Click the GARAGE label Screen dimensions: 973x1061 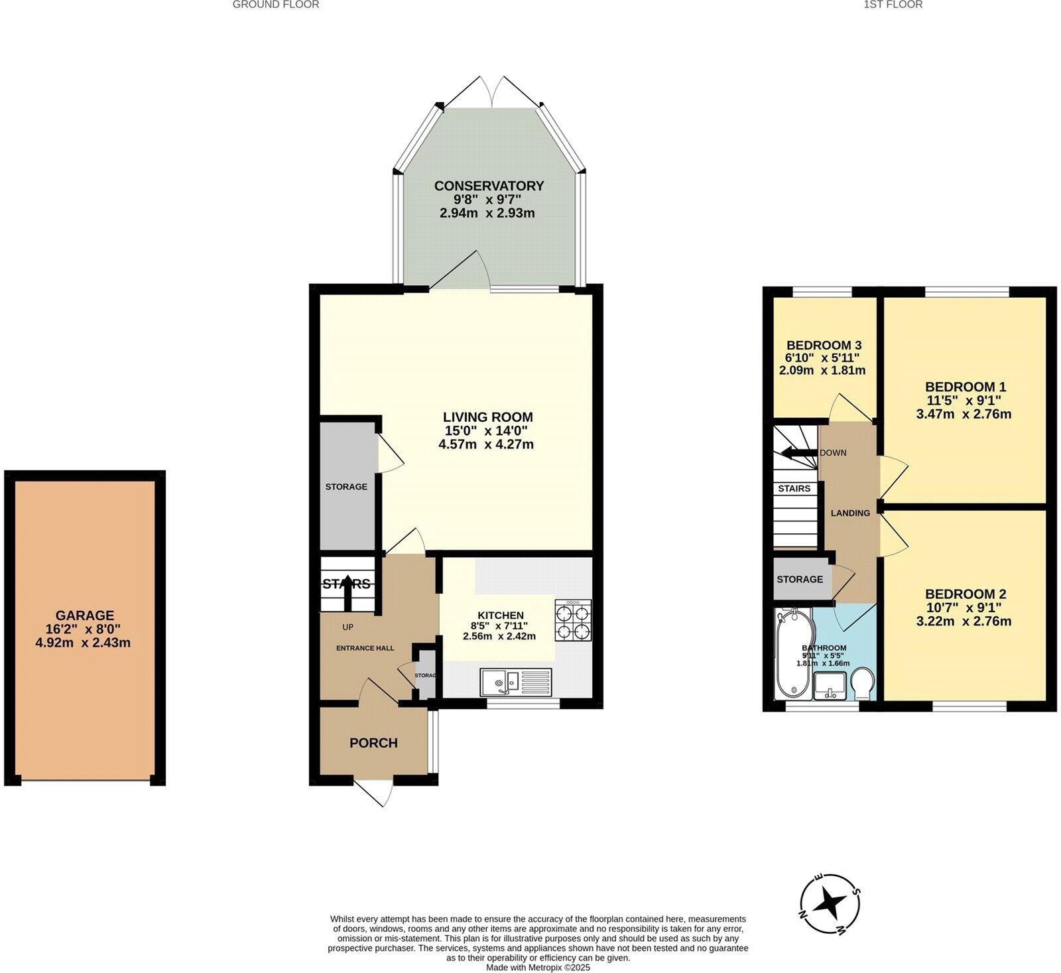tap(84, 616)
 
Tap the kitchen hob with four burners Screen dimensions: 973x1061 tap(573, 620)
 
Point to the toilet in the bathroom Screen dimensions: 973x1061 tap(863, 683)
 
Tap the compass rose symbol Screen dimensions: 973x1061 tap(830, 903)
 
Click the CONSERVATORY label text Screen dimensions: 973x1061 tap(489, 186)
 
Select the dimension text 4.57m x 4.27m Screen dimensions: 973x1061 tap(486, 445)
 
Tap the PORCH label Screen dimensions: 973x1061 tap(373, 744)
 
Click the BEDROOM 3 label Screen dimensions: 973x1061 tap(824, 345)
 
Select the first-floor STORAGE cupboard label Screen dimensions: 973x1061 tap(800, 579)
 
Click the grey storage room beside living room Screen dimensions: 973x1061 tap(346, 486)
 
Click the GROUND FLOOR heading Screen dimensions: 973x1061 tap(276, 5)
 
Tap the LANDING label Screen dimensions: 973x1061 tap(850, 513)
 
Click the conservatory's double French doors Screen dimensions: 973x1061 tap(491, 93)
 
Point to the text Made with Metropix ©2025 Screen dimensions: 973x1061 tap(538, 968)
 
